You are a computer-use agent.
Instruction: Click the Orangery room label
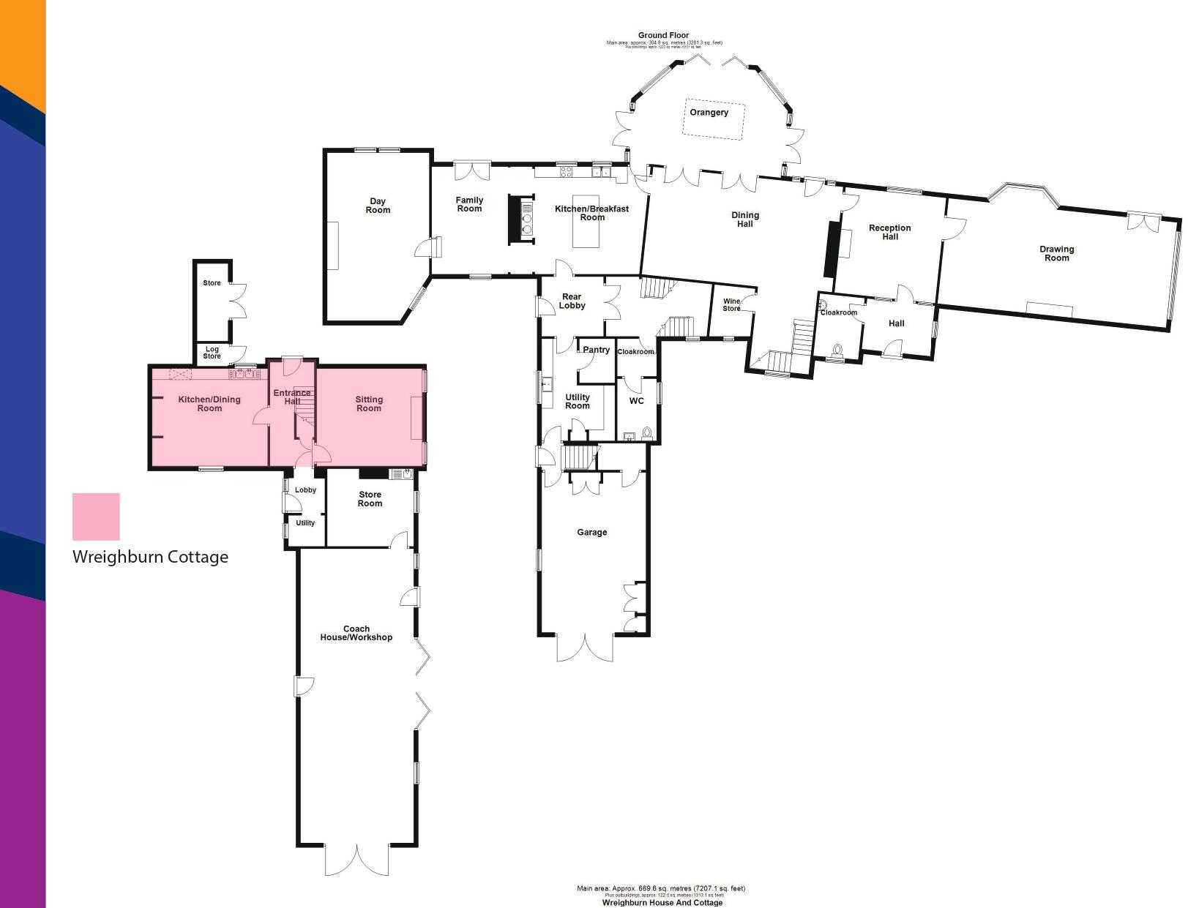pos(709,113)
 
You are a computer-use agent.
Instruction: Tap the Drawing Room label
pos(1056,253)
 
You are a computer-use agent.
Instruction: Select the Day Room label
pos(378,206)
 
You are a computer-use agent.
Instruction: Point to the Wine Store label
pos(731,305)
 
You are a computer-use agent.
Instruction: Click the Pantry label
pos(597,350)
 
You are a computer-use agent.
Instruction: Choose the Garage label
pos(591,533)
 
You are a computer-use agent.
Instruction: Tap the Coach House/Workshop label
pos(356,633)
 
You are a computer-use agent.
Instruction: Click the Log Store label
pos(212,353)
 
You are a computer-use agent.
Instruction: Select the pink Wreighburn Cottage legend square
pos(96,517)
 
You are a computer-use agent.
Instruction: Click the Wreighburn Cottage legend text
pos(150,557)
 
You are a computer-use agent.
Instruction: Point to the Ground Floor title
pos(663,35)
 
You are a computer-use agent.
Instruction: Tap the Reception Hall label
pos(889,232)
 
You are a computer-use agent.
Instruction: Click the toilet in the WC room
pos(646,433)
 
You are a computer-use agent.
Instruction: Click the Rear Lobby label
pos(572,301)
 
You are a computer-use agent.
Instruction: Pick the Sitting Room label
pos(369,404)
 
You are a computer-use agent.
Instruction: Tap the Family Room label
pos(469,204)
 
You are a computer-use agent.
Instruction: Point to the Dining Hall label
pos(745,220)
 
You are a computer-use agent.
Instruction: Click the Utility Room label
pos(577,402)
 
